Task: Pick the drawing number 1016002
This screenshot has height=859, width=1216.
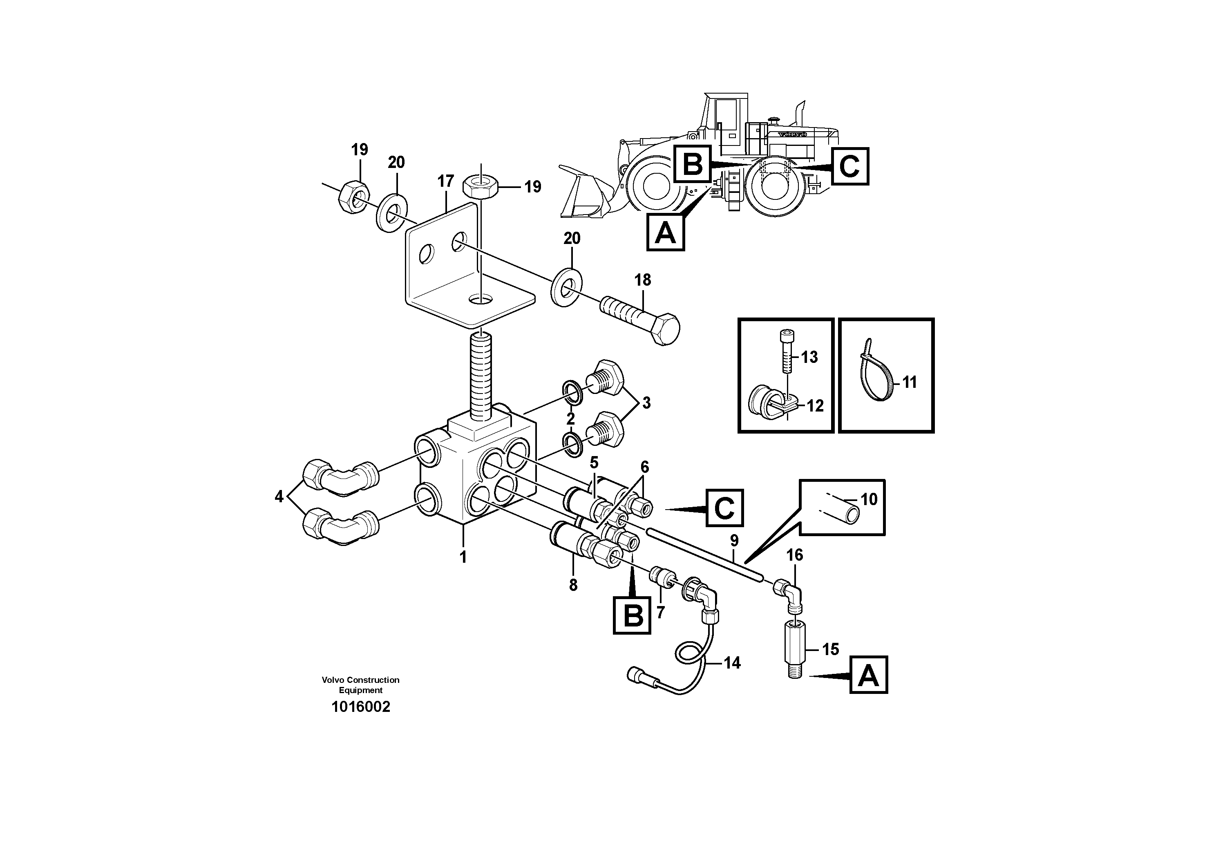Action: click(x=361, y=707)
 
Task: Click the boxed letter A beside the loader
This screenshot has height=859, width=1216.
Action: click(x=665, y=232)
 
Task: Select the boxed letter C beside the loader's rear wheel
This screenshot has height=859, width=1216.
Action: click(x=849, y=166)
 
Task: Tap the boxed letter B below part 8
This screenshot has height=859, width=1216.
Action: click(x=632, y=615)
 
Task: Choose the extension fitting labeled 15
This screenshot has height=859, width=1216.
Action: click(x=794, y=651)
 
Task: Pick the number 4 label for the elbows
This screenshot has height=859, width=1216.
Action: click(x=279, y=497)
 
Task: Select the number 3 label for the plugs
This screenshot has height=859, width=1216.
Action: click(x=646, y=403)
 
